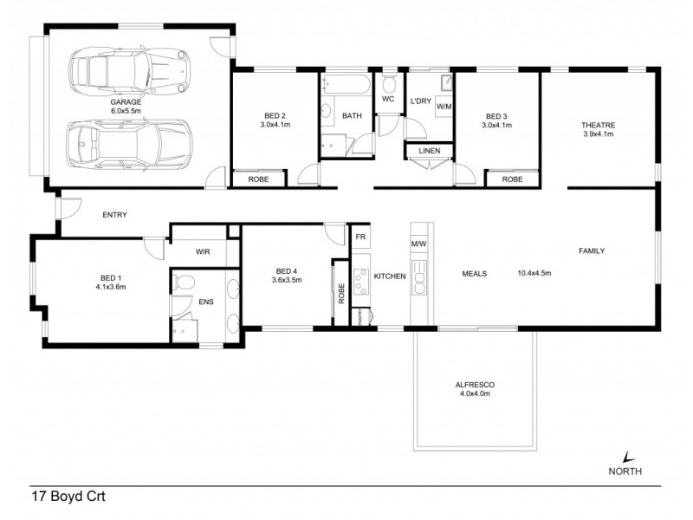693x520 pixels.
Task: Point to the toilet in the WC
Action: coord(388,85)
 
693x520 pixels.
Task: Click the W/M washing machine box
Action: coord(444,106)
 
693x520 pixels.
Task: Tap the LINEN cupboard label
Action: coord(429,152)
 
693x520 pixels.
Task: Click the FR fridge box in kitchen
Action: coord(359,235)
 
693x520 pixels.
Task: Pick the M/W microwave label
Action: coord(420,244)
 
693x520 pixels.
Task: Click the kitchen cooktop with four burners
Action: coord(359,276)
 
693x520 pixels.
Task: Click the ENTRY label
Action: coord(115,214)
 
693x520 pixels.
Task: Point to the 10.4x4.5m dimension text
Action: coord(534,273)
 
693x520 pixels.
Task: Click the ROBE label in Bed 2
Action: coord(257,179)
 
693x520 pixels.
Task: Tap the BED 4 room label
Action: coord(286,275)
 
